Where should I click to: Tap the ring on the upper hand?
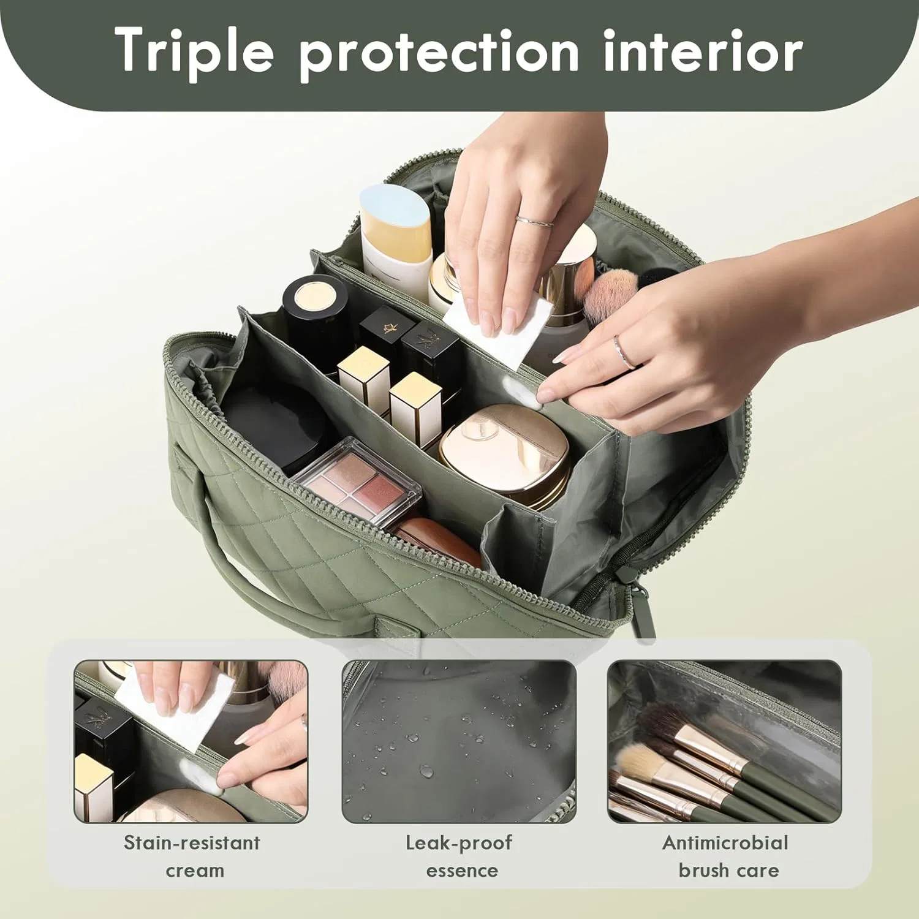click(x=534, y=221)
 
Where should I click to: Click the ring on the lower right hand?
click(x=623, y=352)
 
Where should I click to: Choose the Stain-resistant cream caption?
click(x=192, y=856)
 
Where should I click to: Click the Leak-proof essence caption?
click(x=459, y=856)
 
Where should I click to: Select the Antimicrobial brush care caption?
click(x=725, y=856)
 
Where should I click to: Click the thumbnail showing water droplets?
click(x=459, y=741)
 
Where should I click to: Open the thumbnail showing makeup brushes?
click(x=725, y=741)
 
